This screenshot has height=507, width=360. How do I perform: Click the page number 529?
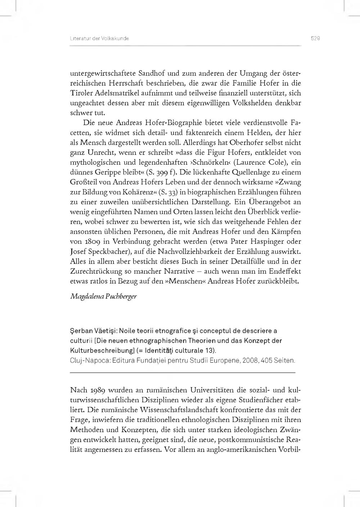point(315,39)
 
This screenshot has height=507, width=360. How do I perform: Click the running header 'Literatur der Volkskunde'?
point(99,39)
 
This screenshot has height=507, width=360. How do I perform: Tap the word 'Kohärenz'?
point(135,192)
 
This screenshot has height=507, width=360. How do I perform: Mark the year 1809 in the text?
point(91,242)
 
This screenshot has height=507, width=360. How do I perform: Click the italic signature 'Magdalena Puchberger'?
point(103,297)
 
